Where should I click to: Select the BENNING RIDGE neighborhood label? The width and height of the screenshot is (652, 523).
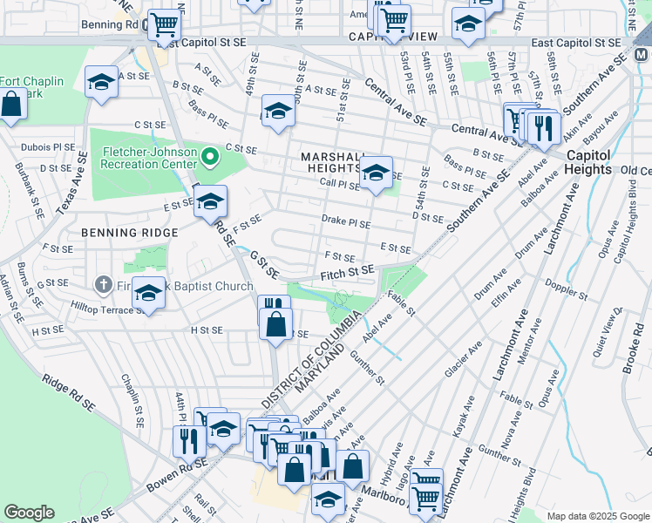click(129, 233)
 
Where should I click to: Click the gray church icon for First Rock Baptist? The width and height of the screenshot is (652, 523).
click(102, 285)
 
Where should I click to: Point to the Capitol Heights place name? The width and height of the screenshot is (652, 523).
click(587, 162)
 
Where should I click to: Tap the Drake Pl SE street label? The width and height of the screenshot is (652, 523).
click(346, 222)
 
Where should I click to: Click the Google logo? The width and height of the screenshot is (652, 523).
click(30, 513)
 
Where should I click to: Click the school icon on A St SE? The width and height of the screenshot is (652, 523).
click(102, 83)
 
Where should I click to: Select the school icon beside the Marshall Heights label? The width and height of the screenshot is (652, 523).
click(377, 172)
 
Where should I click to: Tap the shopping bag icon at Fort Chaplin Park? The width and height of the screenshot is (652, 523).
click(11, 105)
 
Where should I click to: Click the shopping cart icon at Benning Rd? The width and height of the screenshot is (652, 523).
click(163, 26)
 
